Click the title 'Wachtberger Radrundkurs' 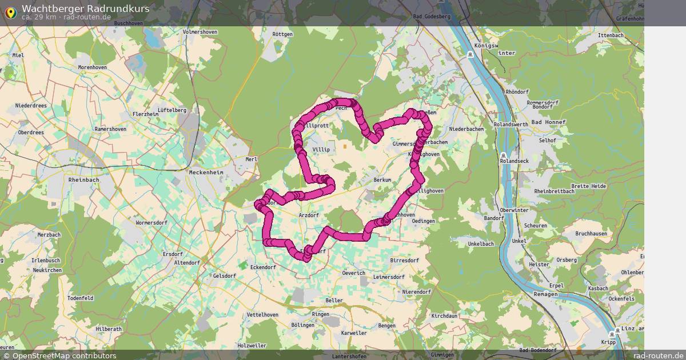coord(86,8)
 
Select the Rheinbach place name coord(83,179)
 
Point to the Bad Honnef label coord(548,122)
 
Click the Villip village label coord(321,150)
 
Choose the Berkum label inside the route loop coord(382,180)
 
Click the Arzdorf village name coord(309,215)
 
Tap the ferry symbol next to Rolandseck coord(503,155)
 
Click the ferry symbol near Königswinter coord(470,54)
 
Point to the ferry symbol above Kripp coord(612,334)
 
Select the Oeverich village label coord(353,273)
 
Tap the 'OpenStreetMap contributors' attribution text coord(64,355)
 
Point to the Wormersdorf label coord(151,222)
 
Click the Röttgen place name coord(282,34)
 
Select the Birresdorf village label coord(405,260)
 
